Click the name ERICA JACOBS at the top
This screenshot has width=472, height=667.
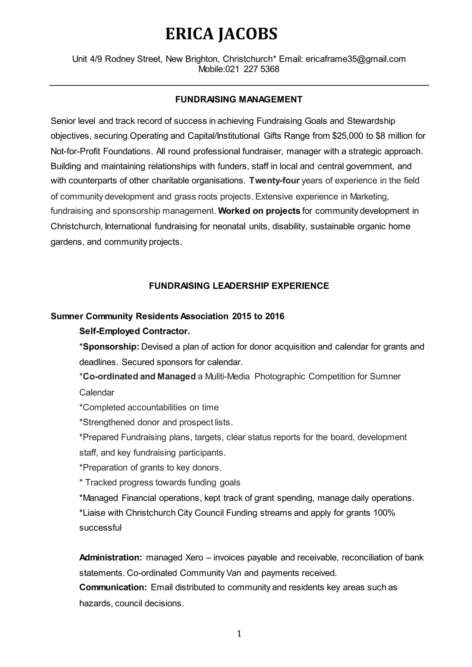(x=221, y=34)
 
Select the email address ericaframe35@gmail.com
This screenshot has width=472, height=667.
(x=355, y=59)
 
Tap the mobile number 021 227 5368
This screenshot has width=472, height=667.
(x=252, y=69)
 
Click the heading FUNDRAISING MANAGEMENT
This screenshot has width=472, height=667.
(x=239, y=100)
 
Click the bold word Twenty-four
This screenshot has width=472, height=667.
(x=274, y=181)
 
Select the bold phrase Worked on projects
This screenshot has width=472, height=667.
(x=259, y=211)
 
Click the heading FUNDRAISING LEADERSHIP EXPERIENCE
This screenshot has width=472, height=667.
(x=239, y=286)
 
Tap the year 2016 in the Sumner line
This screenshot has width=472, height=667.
(x=274, y=316)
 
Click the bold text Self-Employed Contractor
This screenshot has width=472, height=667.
(x=135, y=331)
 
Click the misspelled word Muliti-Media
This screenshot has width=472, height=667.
(x=227, y=376)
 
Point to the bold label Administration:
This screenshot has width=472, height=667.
(x=110, y=558)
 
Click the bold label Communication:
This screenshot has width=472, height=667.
(x=113, y=588)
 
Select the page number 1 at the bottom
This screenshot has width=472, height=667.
(x=239, y=634)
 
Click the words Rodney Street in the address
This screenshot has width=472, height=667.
(x=133, y=59)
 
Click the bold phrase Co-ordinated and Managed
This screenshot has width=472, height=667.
(x=139, y=376)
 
